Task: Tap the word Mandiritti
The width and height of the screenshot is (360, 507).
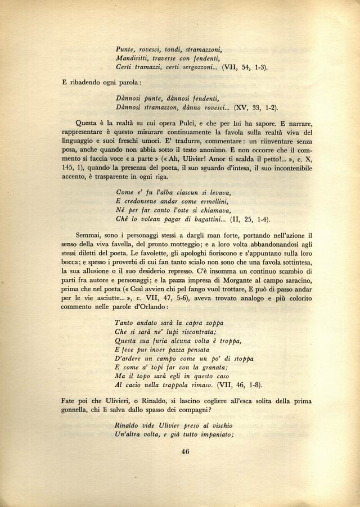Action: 133,58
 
